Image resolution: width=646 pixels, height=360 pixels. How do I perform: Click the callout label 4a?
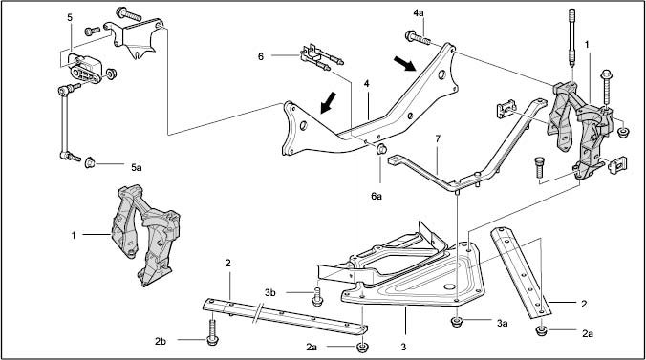(419, 13)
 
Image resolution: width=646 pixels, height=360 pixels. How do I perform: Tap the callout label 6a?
(377, 196)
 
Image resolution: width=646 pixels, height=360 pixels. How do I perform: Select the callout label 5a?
(137, 167)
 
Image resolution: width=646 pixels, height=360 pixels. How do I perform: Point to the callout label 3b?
(269, 292)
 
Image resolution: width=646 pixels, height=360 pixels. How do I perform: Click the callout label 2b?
(161, 341)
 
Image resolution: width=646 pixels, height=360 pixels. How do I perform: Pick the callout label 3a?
(502, 324)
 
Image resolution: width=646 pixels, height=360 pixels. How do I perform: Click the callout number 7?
(438, 138)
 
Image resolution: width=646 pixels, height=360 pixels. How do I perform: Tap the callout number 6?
(261, 56)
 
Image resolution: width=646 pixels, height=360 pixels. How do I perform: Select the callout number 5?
(70, 17)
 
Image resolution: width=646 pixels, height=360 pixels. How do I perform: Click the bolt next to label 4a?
(419, 38)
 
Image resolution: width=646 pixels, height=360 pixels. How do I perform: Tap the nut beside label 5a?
(90, 163)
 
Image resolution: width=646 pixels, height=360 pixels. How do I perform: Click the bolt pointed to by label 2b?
(212, 333)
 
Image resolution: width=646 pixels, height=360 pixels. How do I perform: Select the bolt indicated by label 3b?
(317, 297)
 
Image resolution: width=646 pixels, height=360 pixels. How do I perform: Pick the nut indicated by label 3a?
(456, 322)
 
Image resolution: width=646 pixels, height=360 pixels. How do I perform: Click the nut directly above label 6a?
(381, 149)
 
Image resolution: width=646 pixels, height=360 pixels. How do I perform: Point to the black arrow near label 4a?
(404, 63)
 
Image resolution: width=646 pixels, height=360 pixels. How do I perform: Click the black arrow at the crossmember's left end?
(329, 102)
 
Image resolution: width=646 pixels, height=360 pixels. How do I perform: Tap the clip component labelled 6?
(321, 57)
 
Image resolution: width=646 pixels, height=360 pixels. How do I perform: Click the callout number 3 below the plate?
(403, 347)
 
